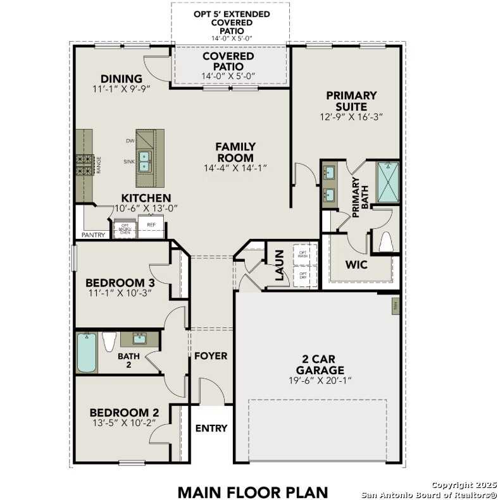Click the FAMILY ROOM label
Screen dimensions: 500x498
[235, 152]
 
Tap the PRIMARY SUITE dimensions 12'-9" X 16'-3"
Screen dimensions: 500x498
[351, 116]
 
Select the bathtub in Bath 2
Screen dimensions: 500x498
[86, 353]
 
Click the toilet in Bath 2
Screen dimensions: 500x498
[109, 342]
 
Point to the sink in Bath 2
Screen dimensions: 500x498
[140, 339]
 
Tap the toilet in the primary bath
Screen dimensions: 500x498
[385, 242]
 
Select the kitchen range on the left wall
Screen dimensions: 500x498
[85, 166]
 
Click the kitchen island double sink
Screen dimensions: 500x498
[145, 162]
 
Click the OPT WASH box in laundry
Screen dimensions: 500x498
[303, 255]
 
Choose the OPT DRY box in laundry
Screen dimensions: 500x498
[303, 276]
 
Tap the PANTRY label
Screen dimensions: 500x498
[93, 235]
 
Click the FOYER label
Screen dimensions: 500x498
[210, 356]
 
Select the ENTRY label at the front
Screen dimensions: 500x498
[211, 428]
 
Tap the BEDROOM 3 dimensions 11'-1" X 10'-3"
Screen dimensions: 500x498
[120, 293]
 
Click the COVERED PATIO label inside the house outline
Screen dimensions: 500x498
[228, 61]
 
